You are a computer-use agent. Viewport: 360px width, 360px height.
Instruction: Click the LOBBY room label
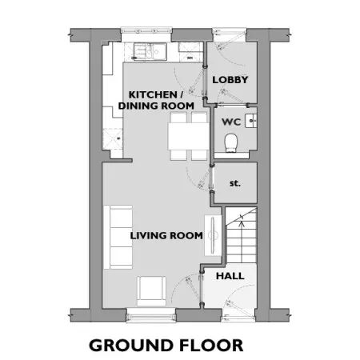(x=230, y=79)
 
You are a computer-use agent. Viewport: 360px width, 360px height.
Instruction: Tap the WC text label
(x=231, y=122)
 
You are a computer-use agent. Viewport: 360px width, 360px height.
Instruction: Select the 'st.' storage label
(x=235, y=183)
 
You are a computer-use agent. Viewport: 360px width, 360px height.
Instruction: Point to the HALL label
(x=230, y=276)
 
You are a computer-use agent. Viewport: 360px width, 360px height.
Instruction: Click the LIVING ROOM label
(x=166, y=235)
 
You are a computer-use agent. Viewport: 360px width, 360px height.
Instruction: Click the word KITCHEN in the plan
(x=153, y=94)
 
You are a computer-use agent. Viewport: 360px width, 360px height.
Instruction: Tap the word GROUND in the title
(x=130, y=346)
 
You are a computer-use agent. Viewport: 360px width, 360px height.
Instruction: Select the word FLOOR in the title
(x=211, y=346)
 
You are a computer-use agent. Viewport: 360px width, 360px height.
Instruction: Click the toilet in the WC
(x=231, y=143)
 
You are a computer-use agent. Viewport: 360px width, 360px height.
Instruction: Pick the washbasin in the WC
(x=251, y=121)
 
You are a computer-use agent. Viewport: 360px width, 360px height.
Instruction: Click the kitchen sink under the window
(x=150, y=51)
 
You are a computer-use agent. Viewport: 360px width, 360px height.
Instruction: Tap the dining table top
(x=189, y=136)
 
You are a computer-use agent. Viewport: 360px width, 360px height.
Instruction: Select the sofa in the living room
(x=118, y=237)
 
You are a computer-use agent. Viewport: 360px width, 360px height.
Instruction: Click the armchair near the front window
(x=151, y=290)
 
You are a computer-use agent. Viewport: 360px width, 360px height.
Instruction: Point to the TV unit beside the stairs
(x=213, y=235)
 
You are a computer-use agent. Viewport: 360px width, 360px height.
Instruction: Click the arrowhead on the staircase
(x=242, y=223)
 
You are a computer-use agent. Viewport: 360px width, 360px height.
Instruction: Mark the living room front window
(x=151, y=315)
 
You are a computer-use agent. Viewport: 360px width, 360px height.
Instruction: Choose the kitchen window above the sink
(x=146, y=30)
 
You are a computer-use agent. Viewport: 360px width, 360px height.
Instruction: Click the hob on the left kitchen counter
(x=113, y=138)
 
